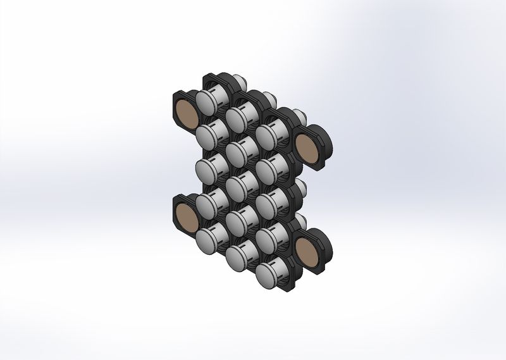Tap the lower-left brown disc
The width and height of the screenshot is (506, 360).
(185, 215)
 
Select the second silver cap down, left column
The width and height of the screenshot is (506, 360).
(207, 134)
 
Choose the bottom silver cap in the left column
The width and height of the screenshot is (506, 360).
(207, 239)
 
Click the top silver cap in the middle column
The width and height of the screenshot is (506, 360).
(237, 116)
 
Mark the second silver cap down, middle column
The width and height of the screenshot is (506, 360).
(237, 152)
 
